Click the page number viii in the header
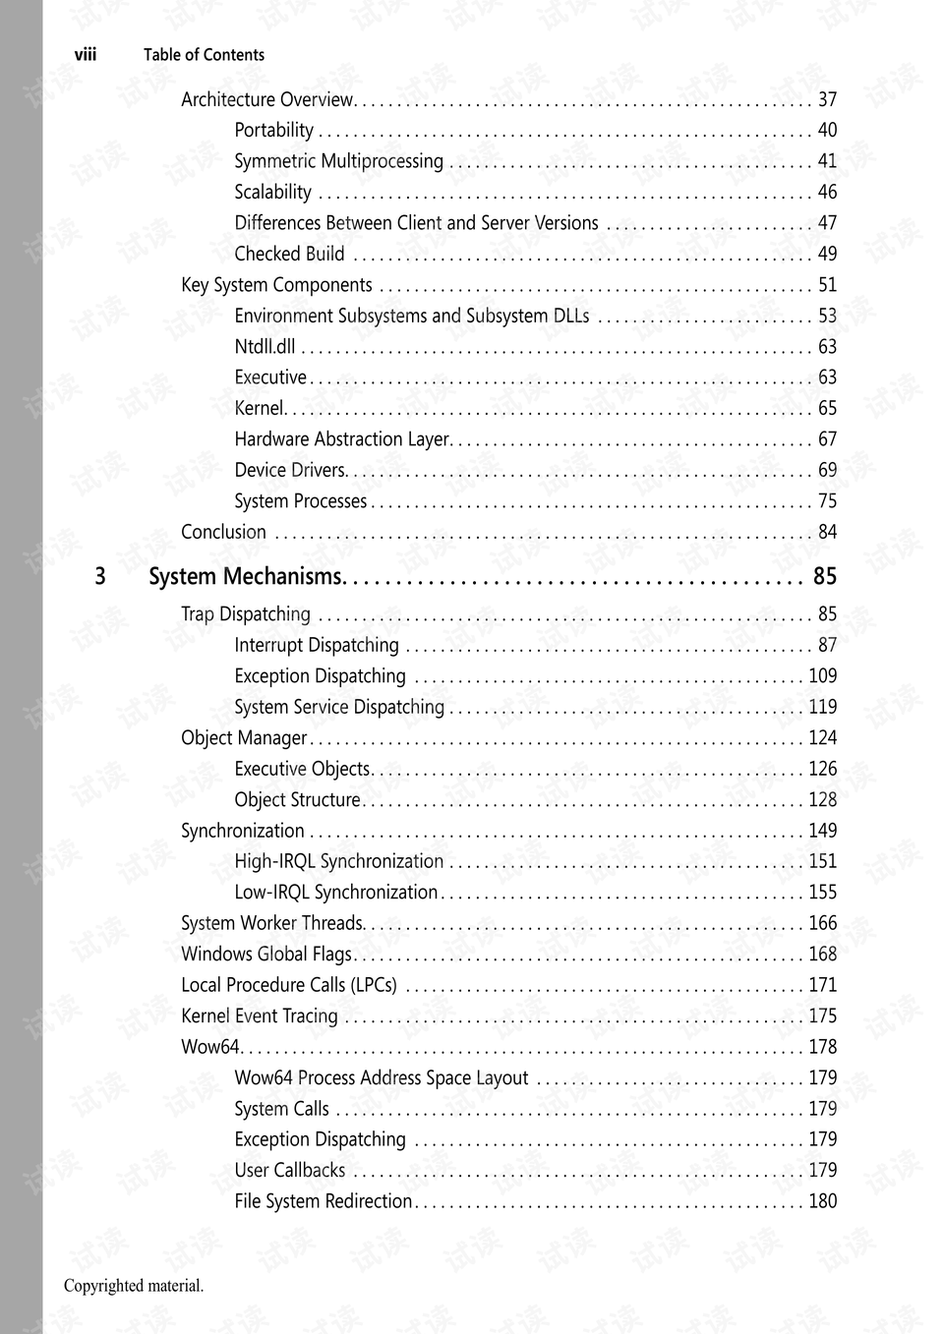click(x=86, y=55)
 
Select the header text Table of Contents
click(x=204, y=55)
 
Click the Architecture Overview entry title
click(x=266, y=99)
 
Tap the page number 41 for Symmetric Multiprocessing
click(x=827, y=161)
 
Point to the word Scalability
click(x=272, y=192)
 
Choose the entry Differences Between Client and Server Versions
click(x=416, y=223)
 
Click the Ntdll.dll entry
click(x=265, y=346)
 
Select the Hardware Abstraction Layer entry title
click(x=342, y=439)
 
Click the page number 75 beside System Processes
click(x=827, y=501)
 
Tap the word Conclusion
click(x=223, y=532)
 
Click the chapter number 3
click(x=99, y=576)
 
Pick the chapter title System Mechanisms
click(x=246, y=576)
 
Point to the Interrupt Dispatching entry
click(x=317, y=645)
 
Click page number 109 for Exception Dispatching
click(x=822, y=676)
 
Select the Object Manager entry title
click(x=244, y=738)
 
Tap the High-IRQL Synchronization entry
click(x=338, y=861)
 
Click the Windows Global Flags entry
click(x=266, y=954)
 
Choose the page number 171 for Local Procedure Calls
click(x=822, y=985)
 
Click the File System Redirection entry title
click(x=323, y=1201)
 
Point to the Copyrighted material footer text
click(x=134, y=1286)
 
